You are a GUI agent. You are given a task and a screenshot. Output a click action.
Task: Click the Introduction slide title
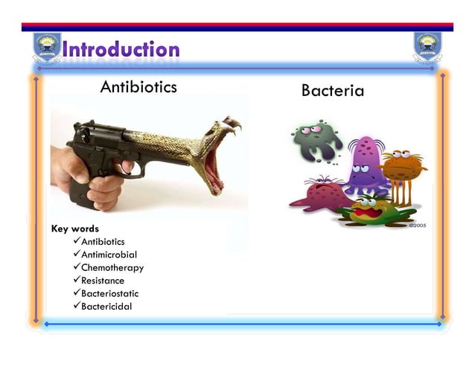tap(121, 50)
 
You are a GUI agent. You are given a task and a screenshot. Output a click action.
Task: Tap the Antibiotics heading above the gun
tap(138, 87)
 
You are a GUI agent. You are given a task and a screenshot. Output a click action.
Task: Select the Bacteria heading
tap(333, 91)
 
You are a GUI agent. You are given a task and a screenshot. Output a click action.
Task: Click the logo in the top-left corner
tap(46, 48)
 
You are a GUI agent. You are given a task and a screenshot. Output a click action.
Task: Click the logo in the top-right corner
tap(427, 48)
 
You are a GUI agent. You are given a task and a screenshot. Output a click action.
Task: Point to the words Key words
tap(74, 229)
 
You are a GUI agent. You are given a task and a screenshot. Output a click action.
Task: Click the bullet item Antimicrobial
tap(109, 255)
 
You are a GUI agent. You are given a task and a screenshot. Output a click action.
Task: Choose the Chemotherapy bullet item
tap(112, 267)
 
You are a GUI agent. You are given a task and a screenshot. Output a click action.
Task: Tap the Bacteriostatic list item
tap(109, 293)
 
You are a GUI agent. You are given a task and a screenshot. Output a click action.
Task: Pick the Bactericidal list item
tap(106, 307)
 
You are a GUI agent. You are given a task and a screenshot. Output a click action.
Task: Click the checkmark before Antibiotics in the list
tap(76, 241)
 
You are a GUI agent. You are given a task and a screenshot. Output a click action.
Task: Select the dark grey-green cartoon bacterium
tap(316, 141)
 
